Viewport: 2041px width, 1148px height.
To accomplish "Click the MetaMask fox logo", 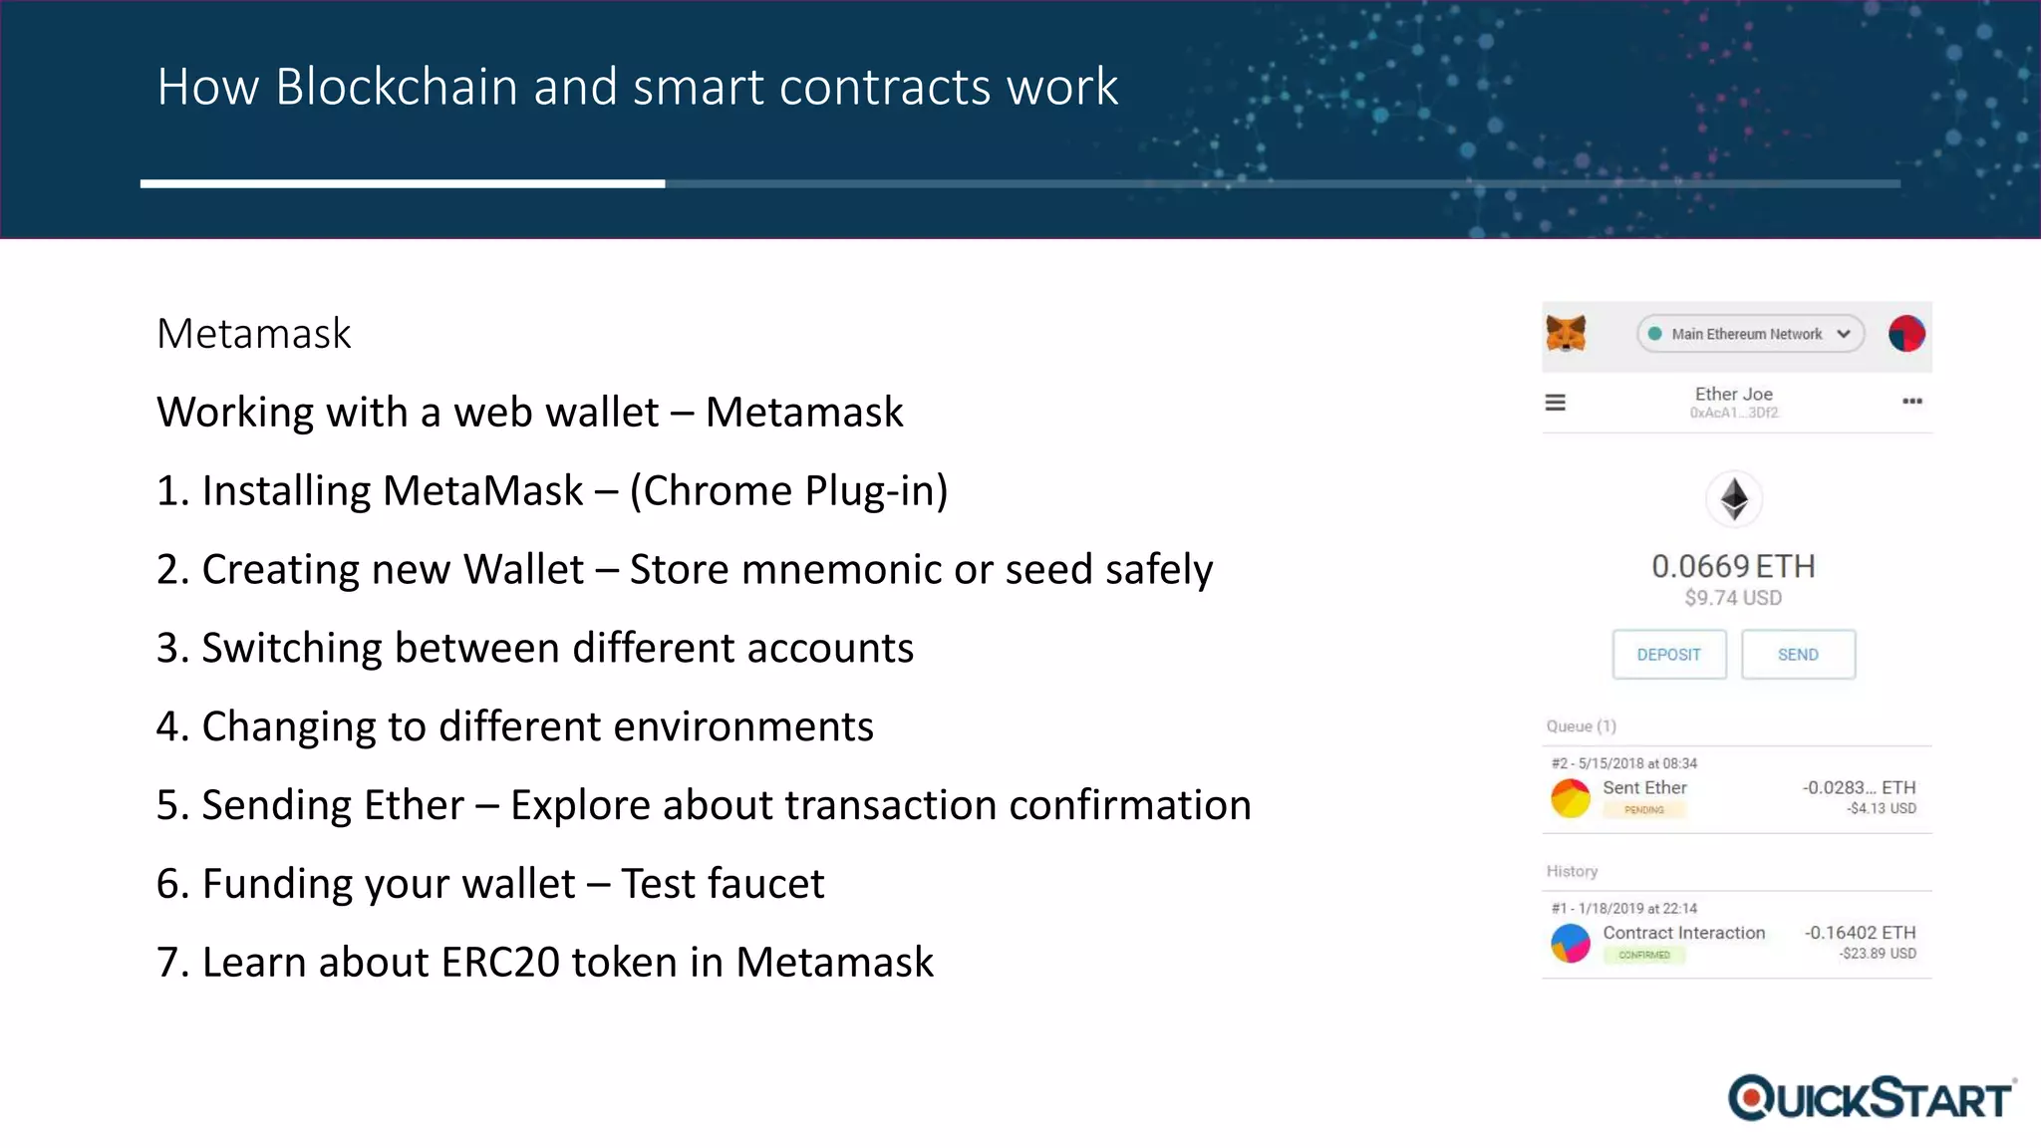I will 1566,334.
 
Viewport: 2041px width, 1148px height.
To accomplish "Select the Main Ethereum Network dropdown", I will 1750,334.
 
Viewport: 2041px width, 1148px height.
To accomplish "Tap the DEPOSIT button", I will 1669,655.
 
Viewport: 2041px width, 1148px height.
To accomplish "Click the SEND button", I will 1798,655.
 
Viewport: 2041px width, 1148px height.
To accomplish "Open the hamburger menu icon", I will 1556,403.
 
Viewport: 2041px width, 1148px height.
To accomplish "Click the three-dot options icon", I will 1911,402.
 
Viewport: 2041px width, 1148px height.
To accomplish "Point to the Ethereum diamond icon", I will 1734,498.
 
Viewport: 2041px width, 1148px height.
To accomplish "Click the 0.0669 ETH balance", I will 1733,566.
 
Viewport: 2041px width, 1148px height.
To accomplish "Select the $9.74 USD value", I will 1733,598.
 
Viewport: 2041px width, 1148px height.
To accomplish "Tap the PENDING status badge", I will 1644,810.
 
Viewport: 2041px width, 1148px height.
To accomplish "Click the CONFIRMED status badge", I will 1644,955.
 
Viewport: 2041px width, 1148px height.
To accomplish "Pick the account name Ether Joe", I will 1734,395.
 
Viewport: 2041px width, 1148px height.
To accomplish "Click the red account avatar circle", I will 1906,334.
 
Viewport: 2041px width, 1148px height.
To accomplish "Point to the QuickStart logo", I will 1872,1098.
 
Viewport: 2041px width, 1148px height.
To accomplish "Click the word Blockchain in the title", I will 397,88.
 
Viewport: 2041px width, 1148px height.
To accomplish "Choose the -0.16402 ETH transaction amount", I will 1860,933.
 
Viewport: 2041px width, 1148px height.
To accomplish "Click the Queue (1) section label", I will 1582,726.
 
